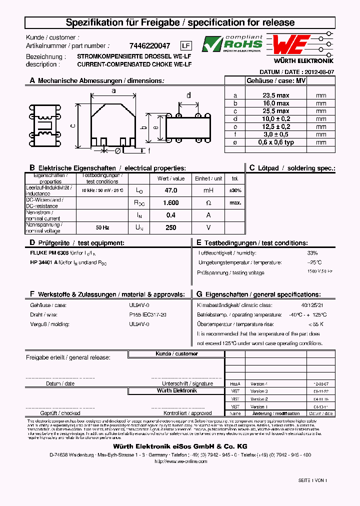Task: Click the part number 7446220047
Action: pyautogui.click(x=150, y=45)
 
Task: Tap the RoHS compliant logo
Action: pyautogui.click(x=232, y=44)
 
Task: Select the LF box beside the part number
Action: pyautogui.click(x=185, y=45)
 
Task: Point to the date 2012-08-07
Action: pyautogui.click(x=318, y=72)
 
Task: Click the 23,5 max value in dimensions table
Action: pyautogui.click(x=276, y=95)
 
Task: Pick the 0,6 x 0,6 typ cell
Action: pyautogui.click(x=276, y=142)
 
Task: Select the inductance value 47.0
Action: pyautogui.click(x=171, y=190)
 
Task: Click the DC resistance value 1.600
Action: pyautogui.click(x=171, y=202)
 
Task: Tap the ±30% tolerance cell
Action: pyautogui.click(x=235, y=190)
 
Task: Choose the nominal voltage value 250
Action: pyautogui.click(x=171, y=227)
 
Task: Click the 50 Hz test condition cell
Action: pyautogui.click(x=102, y=227)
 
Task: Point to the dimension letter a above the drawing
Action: pyautogui.click(x=113, y=90)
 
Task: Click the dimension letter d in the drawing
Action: pyautogui.click(x=188, y=95)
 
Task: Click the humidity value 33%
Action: pyautogui.click(x=312, y=253)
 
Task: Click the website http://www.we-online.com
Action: pyautogui.click(x=180, y=461)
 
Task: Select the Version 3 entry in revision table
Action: pyautogui.click(x=259, y=391)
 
